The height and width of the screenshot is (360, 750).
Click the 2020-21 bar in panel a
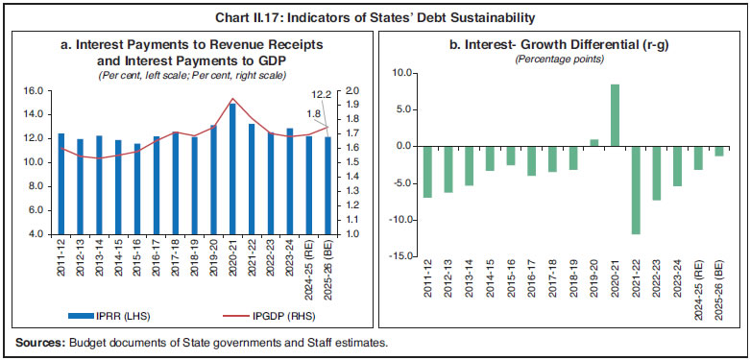(232, 168)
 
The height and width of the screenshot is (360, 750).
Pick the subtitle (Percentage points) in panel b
(557, 59)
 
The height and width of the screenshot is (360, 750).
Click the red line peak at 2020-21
(232, 99)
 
